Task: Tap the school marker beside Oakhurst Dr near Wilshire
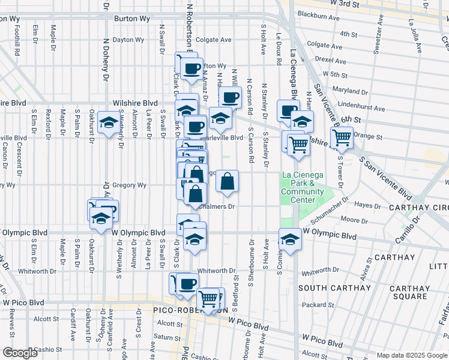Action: (x=109, y=123)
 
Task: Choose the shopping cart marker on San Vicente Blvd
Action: (x=342, y=137)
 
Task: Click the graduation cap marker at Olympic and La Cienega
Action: (x=290, y=238)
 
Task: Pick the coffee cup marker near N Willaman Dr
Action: (x=230, y=97)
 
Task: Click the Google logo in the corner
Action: (x=20, y=353)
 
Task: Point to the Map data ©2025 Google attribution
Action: (x=412, y=355)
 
